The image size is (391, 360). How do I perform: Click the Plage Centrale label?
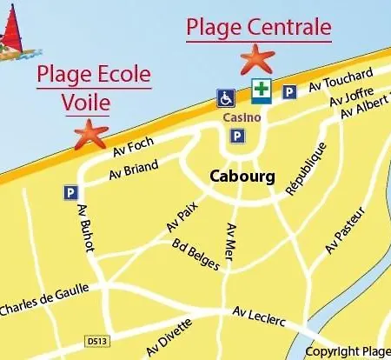coord(258,27)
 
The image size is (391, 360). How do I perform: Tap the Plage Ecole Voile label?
coord(93,88)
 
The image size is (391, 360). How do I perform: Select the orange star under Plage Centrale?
coord(256,59)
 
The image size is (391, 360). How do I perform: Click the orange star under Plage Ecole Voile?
coord(90,134)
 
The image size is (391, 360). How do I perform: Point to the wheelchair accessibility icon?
coord(226,97)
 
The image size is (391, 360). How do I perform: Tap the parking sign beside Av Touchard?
coord(289,91)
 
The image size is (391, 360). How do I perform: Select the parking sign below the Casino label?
coord(235,136)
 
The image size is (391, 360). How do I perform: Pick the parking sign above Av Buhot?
coord(70,192)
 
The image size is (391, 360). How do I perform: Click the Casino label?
coord(237,117)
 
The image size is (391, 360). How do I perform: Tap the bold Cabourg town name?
coord(242,177)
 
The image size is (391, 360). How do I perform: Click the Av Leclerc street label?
coord(260,316)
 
